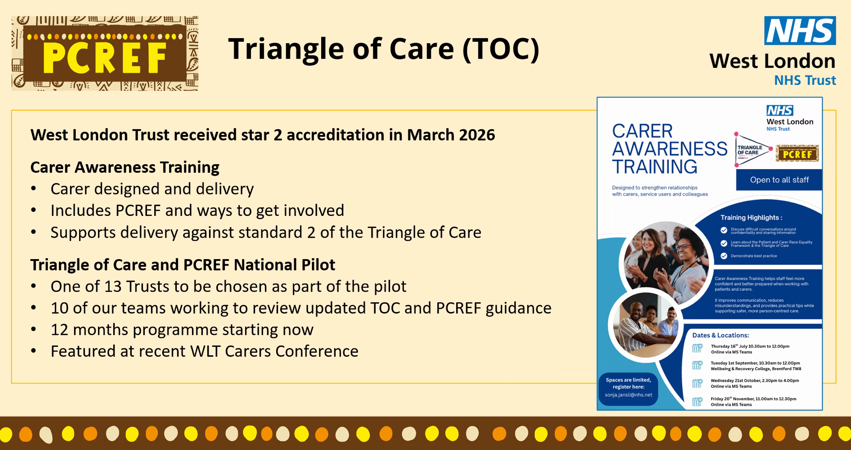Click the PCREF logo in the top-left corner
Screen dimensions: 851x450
(105, 53)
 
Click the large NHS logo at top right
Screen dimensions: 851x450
(800, 30)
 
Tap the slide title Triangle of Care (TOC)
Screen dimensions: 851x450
(384, 49)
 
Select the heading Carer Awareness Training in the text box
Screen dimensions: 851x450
(125, 167)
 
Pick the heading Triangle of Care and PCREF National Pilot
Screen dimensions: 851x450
(183, 265)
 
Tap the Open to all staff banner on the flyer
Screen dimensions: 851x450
(779, 180)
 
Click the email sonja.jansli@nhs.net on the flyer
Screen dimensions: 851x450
(628, 395)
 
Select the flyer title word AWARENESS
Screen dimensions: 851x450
(670, 149)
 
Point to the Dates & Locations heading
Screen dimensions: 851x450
(720, 335)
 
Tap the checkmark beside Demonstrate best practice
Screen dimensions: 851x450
(724, 256)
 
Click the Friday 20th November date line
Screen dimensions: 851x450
(753, 399)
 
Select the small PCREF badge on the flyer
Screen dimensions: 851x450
(797, 154)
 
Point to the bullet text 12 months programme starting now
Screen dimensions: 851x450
(182, 330)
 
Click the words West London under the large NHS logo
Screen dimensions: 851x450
(773, 61)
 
